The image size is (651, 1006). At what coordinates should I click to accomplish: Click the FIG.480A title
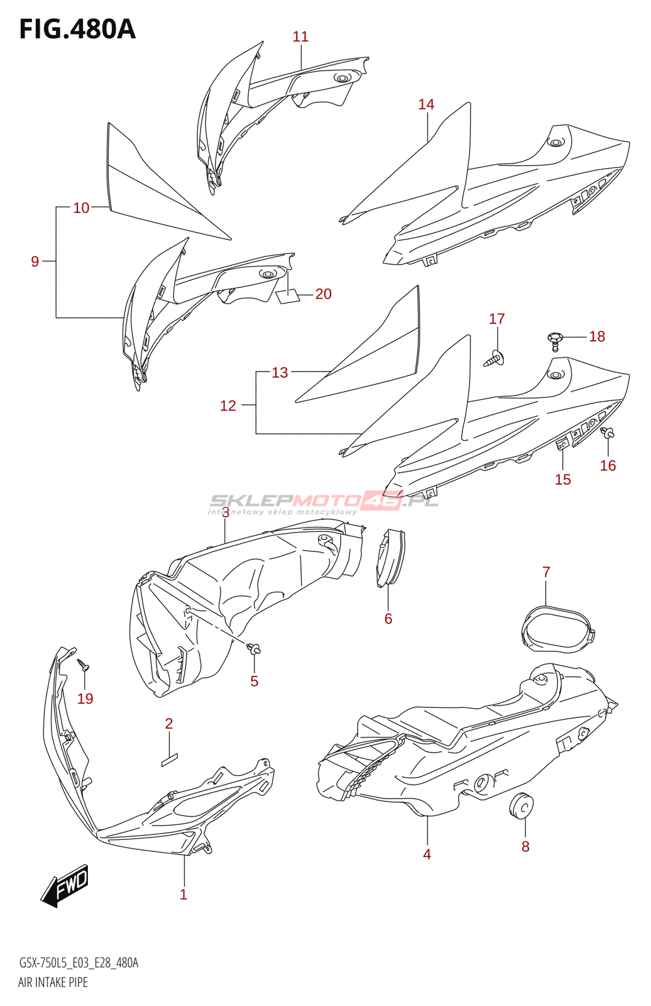point(77,29)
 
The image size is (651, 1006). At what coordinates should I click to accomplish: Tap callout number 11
point(300,37)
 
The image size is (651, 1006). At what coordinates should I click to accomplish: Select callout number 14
point(426,104)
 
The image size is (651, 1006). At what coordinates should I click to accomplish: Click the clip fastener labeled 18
point(554,340)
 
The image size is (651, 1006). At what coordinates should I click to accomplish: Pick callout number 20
point(323,294)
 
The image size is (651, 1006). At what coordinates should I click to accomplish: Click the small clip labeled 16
point(608,433)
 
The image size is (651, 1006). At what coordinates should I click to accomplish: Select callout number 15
point(562,479)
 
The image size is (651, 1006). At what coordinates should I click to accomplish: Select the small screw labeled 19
point(84,665)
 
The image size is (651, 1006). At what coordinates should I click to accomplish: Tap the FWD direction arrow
point(65,886)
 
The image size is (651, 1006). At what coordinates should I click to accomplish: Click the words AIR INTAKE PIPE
point(53,982)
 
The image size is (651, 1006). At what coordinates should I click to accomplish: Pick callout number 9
point(35,261)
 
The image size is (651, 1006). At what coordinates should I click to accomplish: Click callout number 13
point(280,372)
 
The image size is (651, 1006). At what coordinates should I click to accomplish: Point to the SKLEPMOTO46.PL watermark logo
point(324,502)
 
